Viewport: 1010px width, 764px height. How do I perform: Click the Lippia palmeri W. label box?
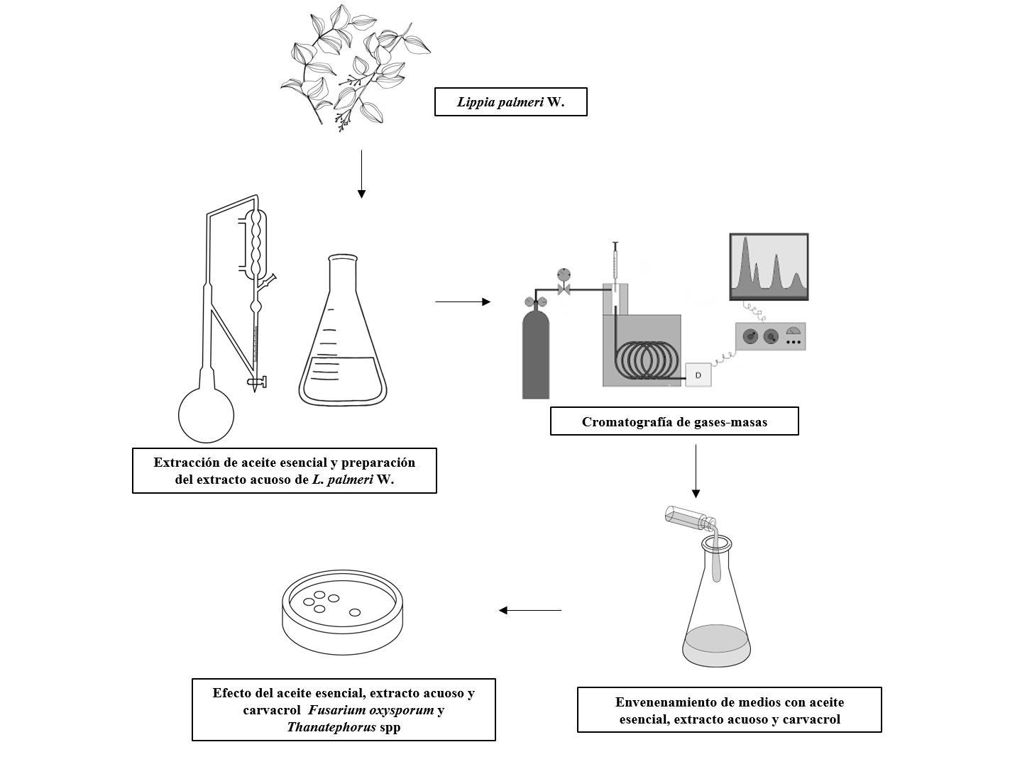coord(510,102)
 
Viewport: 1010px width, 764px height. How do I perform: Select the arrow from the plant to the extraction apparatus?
coord(361,173)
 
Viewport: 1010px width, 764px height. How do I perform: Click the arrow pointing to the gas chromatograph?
coord(462,302)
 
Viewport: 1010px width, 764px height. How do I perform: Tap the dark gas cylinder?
coord(536,355)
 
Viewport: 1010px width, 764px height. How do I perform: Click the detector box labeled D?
coord(698,375)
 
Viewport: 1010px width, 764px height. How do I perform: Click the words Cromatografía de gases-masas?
coord(674,422)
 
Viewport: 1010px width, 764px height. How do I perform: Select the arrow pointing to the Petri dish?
coord(529,610)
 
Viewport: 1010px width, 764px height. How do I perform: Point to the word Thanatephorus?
coord(331,726)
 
